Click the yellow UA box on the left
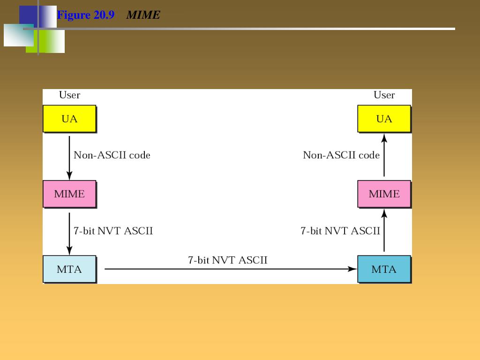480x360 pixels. tap(69, 119)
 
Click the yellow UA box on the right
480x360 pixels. tap(384, 119)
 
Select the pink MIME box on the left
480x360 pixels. tap(69, 194)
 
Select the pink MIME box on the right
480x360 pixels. tap(384, 194)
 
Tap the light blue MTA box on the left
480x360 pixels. tap(69, 269)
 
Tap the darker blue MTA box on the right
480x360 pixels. tap(384, 269)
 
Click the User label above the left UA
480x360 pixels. tap(69, 95)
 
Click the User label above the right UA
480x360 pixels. tap(384, 95)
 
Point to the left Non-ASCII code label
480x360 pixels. tap(112, 155)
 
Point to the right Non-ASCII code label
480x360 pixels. tap(341, 155)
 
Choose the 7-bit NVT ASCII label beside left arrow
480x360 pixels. tap(113, 231)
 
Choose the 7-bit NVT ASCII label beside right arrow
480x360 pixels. tap(340, 231)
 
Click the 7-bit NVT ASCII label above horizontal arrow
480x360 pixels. tap(228, 260)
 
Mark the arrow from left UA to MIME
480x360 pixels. tap(69, 157)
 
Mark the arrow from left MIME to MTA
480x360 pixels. tap(69, 233)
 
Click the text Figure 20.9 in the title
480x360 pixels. tap(86, 15)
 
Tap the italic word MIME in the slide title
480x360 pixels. tap(143, 15)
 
